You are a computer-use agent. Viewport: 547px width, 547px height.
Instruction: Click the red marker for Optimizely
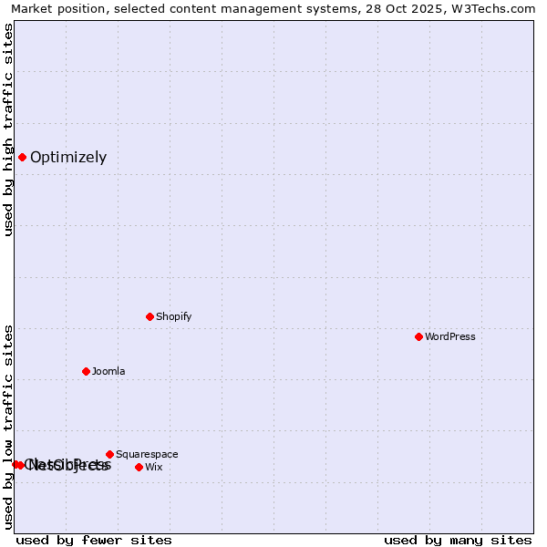pyautogui.click(x=22, y=157)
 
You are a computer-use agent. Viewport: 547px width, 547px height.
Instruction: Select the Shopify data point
pyautogui.click(x=150, y=316)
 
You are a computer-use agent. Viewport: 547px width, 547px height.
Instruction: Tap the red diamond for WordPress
pyautogui.click(x=418, y=336)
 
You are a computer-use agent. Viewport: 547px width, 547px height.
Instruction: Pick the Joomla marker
pyautogui.click(x=86, y=371)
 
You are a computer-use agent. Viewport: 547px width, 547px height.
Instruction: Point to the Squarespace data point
pyautogui.click(x=109, y=454)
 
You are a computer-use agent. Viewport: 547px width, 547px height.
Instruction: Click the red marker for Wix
pyautogui.click(x=139, y=467)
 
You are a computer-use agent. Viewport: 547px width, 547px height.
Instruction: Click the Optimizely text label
pyautogui.click(x=68, y=157)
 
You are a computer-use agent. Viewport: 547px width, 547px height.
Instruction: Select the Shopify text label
pyautogui.click(x=173, y=316)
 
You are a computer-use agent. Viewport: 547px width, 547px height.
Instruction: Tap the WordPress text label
pyautogui.click(x=450, y=336)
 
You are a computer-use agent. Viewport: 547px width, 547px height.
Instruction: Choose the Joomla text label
pyautogui.click(x=108, y=371)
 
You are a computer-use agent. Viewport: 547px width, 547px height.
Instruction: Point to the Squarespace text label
pyautogui.click(x=147, y=454)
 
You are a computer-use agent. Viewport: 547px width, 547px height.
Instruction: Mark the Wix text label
pyautogui.click(x=153, y=467)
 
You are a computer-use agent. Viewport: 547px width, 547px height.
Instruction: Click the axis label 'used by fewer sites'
pyautogui.click(x=94, y=540)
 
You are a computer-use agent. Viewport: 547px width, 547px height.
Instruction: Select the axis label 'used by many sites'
pyautogui.click(x=458, y=540)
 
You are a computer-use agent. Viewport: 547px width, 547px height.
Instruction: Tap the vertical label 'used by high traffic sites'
pyautogui.click(x=9, y=129)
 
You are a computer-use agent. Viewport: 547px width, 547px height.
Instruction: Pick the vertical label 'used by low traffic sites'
pyautogui.click(x=9, y=427)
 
